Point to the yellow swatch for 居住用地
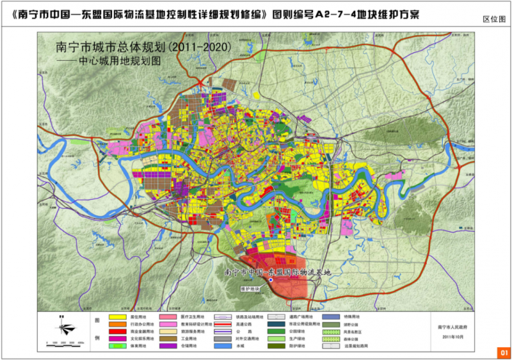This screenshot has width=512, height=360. pyautogui.click(x=116, y=317)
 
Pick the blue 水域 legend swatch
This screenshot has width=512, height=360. pyautogui.click(x=221, y=347)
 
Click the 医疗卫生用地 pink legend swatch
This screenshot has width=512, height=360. pyautogui.click(x=168, y=317)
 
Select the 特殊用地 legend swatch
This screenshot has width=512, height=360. pyautogui.click(x=330, y=317)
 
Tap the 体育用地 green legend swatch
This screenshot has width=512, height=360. pyautogui.click(x=116, y=347)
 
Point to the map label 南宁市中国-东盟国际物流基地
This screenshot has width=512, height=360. pyautogui.click(x=280, y=272)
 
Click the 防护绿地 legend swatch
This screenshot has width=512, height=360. pyautogui.click(x=276, y=347)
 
